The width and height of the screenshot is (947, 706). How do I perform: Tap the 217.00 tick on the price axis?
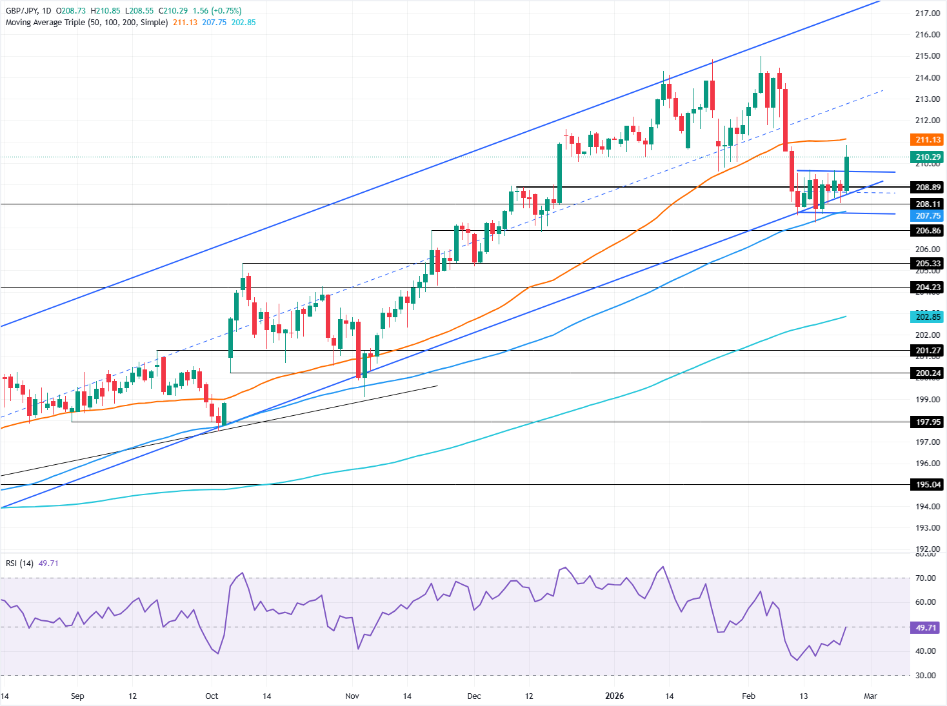927,14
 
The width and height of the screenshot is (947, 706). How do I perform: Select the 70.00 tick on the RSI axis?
926,578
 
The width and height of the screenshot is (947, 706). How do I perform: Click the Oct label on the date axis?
212,696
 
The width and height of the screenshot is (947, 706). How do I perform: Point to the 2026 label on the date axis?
614,696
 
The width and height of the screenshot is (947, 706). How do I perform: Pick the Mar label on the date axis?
870,696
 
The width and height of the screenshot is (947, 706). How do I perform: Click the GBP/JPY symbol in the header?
22,11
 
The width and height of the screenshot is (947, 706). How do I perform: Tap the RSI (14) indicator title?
19,564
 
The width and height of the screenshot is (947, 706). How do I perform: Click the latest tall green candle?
846,173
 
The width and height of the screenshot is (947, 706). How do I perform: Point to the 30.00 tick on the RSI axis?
926,676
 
